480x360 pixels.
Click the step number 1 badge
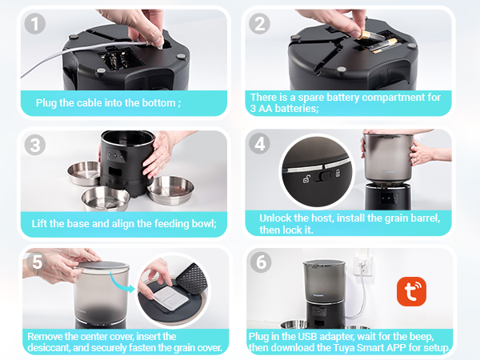(35, 24)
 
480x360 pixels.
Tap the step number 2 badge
(259, 24)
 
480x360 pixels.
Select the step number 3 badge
(35, 145)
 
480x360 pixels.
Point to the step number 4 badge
(259, 143)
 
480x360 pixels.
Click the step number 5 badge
(37, 262)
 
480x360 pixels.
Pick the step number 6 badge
(261, 262)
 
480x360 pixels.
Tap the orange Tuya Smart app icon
(411, 291)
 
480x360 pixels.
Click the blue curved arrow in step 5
(120, 283)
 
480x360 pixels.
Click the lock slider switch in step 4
(325, 176)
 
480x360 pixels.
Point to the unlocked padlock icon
(306, 178)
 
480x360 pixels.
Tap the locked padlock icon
(338, 173)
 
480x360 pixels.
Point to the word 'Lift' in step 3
(39, 223)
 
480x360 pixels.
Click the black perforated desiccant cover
(192, 278)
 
